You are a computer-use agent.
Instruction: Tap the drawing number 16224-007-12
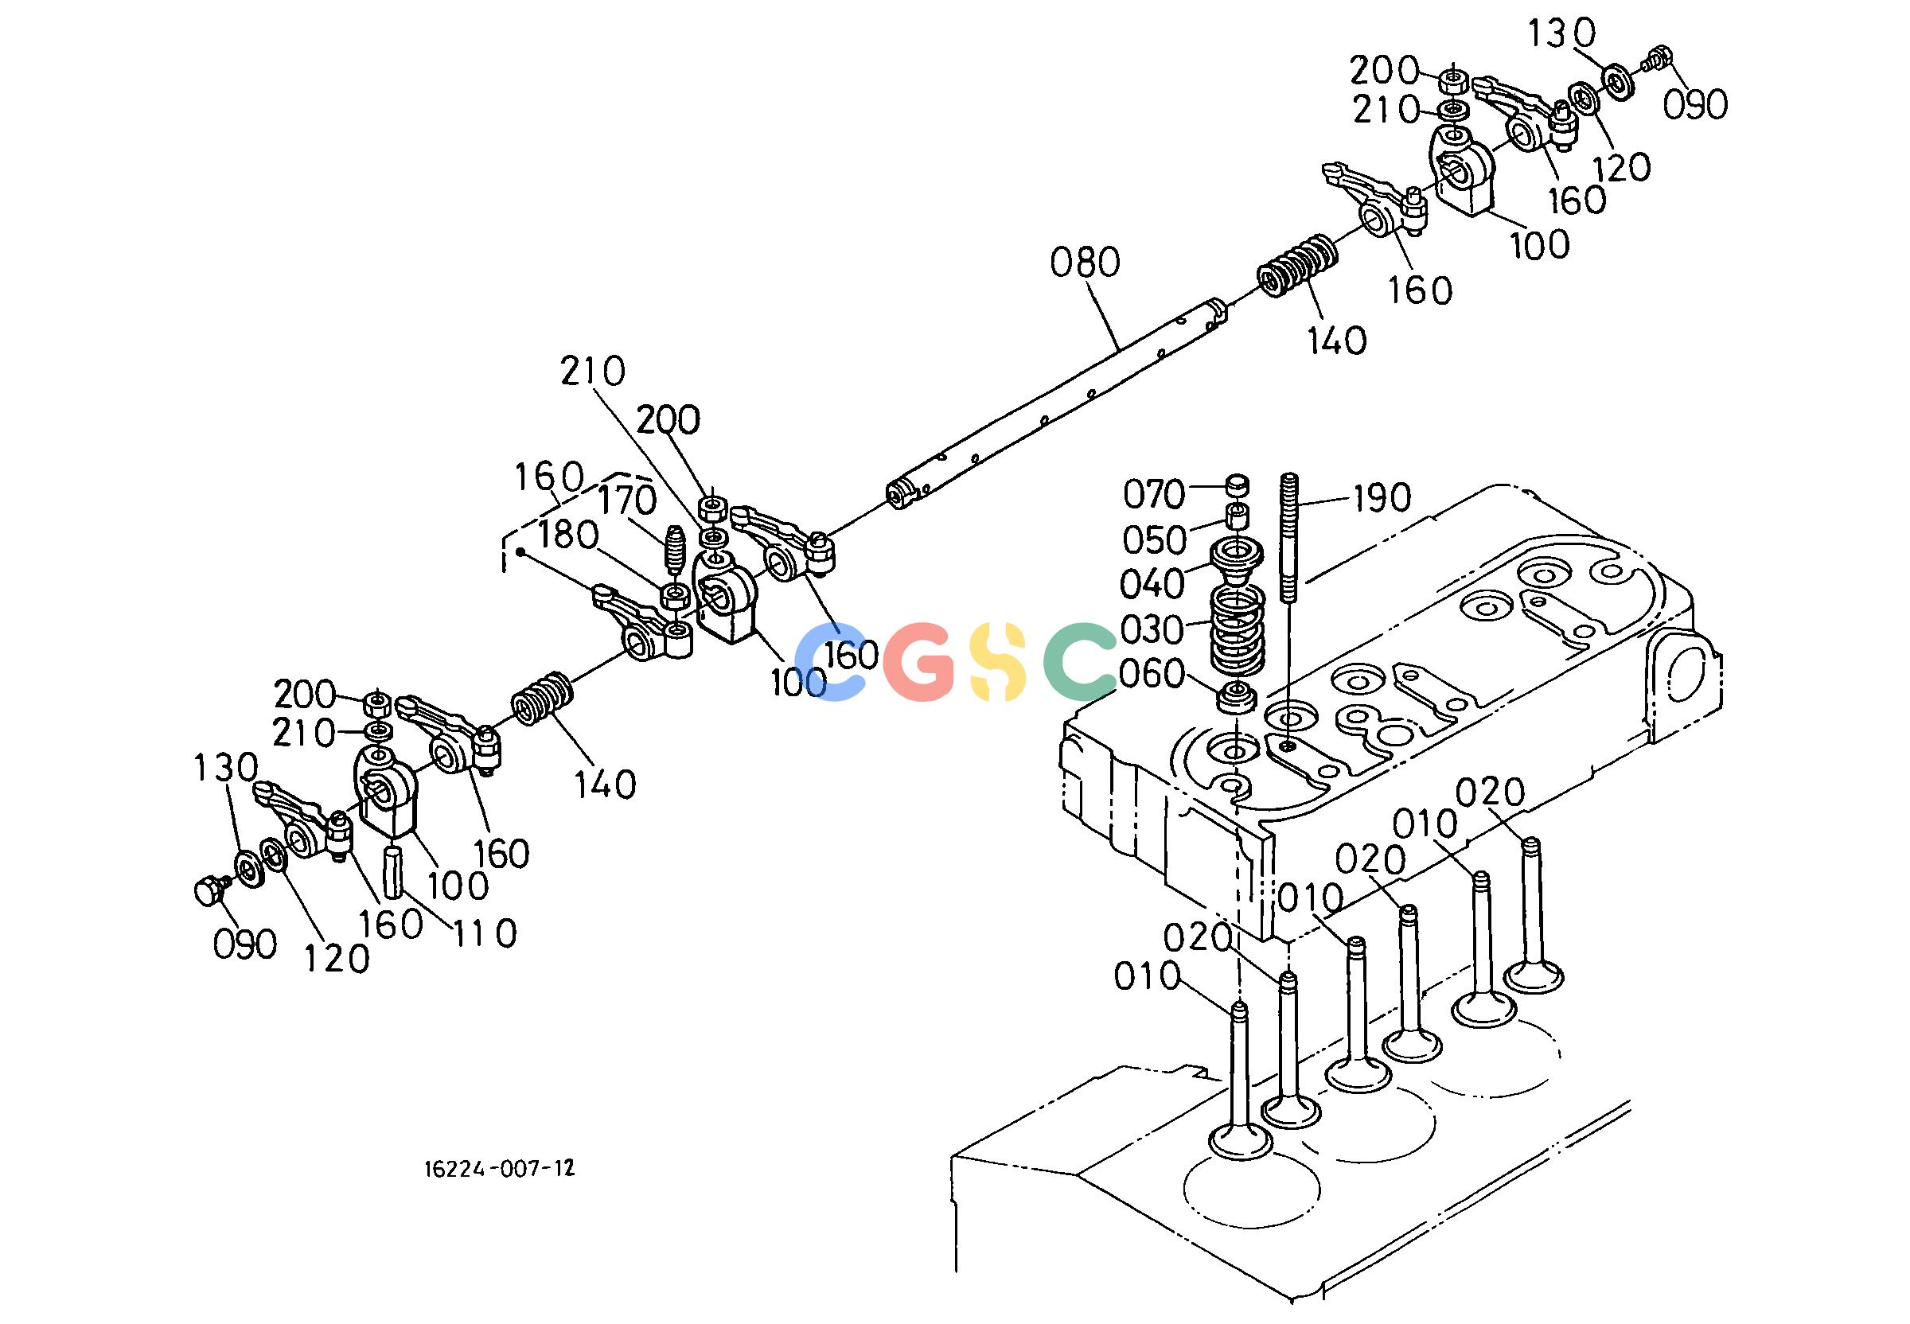click(499, 1169)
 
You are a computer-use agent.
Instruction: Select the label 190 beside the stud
click(1382, 498)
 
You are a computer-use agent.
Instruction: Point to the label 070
click(1153, 495)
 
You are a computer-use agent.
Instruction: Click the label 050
click(1154, 541)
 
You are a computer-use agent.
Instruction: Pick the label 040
click(1152, 585)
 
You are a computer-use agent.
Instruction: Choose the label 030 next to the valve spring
click(1152, 630)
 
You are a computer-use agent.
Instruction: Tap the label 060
click(1152, 675)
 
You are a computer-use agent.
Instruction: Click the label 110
click(485, 934)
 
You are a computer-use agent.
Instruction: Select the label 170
click(627, 500)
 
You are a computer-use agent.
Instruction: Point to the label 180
click(568, 536)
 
